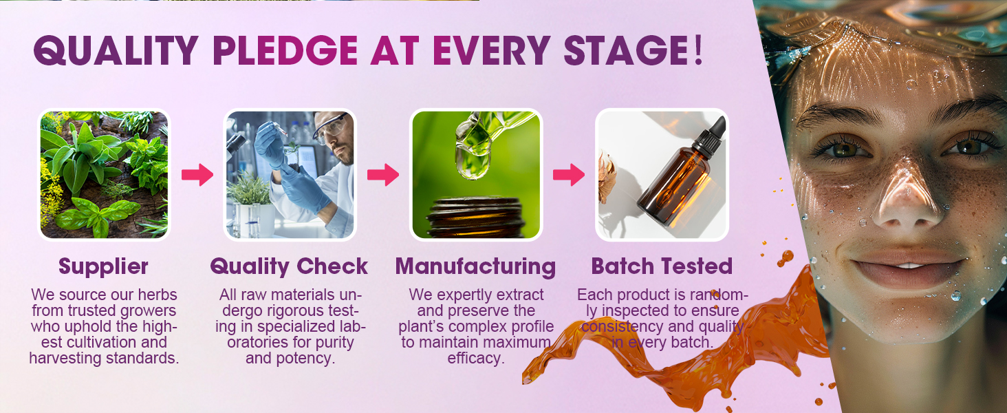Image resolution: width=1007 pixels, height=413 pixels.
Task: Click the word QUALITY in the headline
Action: pyautogui.click(x=116, y=50)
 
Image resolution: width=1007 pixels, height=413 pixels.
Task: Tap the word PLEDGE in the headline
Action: pyautogui.click(x=285, y=50)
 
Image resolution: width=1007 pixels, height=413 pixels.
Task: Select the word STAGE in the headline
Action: pyautogui.click(x=625, y=50)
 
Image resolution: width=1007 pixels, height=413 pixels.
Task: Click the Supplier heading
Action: pyautogui.click(x=103, y=266)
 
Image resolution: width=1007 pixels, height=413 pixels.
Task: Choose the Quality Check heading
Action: pyautogui.click(x=289, y=266)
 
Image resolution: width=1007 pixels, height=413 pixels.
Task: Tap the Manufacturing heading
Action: pyautogui.click(x=475, y=266)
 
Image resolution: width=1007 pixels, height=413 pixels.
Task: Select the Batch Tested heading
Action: pyautogui.click(x=662, y=266)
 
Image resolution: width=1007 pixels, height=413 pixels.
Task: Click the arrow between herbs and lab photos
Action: pyautogui.click(x=197, y=175)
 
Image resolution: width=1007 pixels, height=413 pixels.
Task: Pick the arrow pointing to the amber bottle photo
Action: pyautogui.click(x=569, y=175)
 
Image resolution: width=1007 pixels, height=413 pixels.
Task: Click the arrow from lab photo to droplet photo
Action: pyautogui.click(x=383, y=175)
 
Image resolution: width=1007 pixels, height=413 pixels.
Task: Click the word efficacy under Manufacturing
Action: pyautogui.click(x=475, y=358)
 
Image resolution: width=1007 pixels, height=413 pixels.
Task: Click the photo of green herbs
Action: pyautogui.click(x=105, y=175)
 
